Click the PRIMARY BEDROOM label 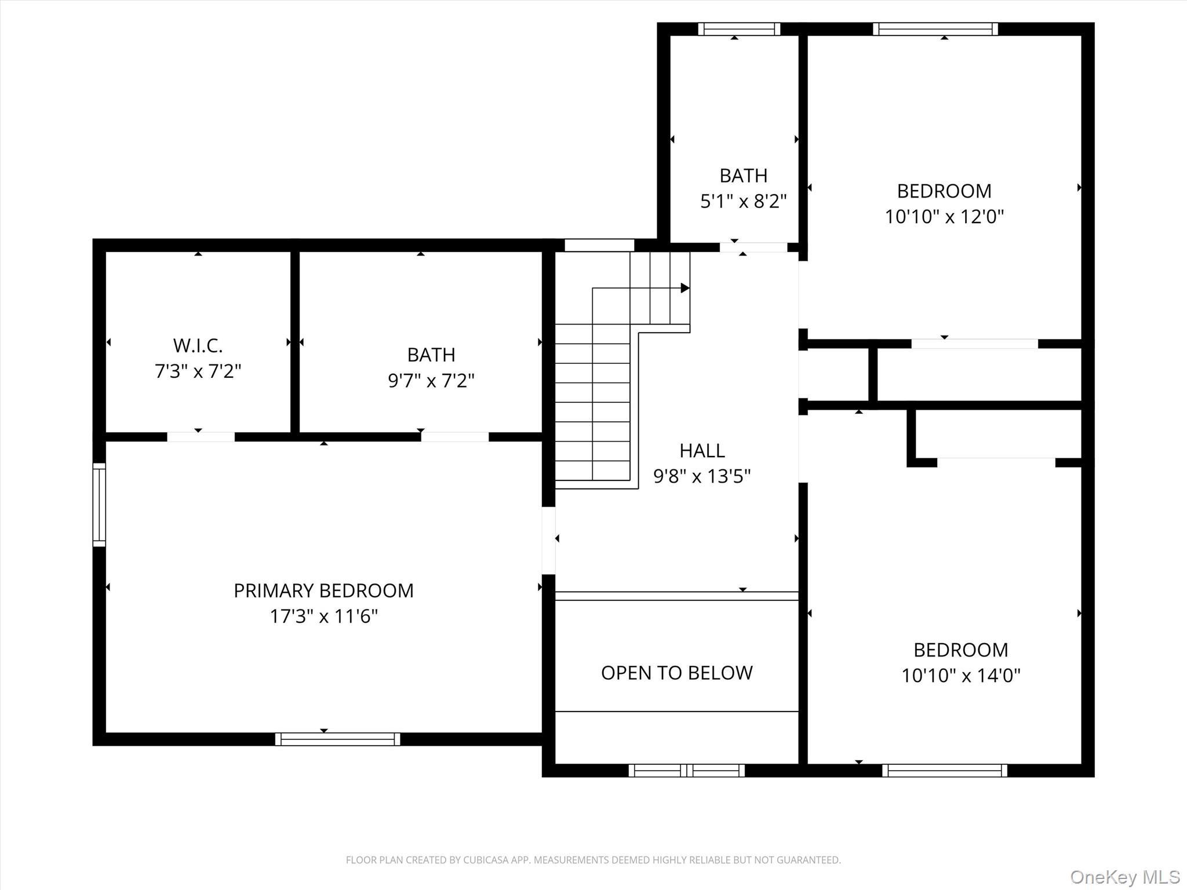[323, 590]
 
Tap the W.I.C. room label [198, 345]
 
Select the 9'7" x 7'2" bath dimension [431, 381]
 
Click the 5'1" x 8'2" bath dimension [743, 201]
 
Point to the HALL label [702, 450]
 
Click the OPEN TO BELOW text [676, 673]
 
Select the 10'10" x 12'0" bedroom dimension [944, 217]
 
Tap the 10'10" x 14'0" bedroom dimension [960, 676]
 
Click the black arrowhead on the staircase [684, 288]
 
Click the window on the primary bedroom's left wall [99, 504]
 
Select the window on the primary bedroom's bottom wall [337, 739]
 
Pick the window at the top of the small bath [738, 29]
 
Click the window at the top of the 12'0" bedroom [935, 29]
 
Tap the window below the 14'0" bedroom [944, 770]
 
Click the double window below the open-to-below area [687, 770]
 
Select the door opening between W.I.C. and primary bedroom [201, 437]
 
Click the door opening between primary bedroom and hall [548, 540]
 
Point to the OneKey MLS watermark [1124, 877]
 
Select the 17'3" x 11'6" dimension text [323, 616]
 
